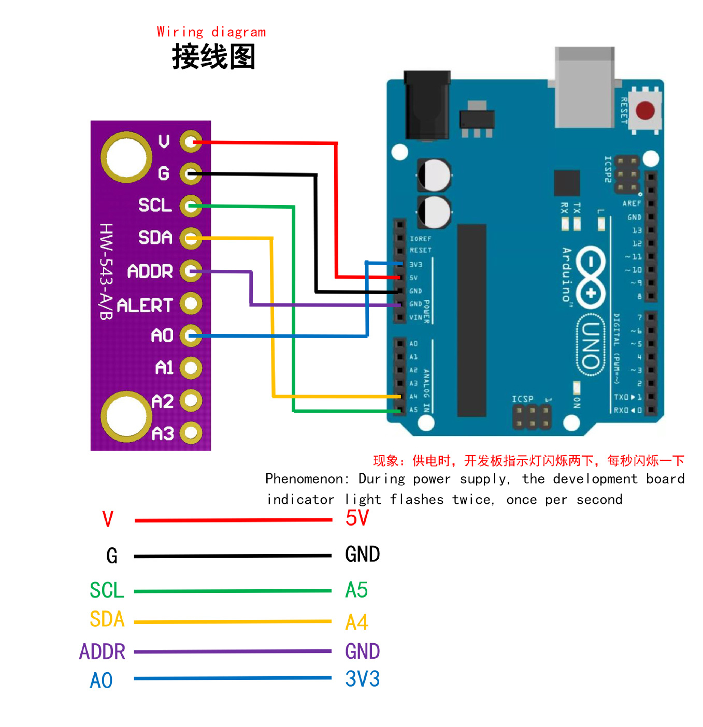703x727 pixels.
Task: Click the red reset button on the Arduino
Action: coord(644,110)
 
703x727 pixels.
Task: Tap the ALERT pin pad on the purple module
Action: coord(191,303)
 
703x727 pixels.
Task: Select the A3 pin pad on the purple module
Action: coord(191,432)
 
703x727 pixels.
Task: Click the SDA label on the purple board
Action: coord(155,237)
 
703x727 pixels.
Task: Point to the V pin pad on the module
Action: coord(191,141)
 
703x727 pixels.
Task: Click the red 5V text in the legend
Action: coord(357,518)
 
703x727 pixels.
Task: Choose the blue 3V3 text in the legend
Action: coord(362,678)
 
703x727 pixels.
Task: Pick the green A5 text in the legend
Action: coord(356,590)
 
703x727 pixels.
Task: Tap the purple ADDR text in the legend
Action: coord(102,651)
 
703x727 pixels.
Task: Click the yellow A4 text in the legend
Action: coord(356,622)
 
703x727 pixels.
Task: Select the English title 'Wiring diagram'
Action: coord(211,32)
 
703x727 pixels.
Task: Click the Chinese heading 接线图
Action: coord(213,56)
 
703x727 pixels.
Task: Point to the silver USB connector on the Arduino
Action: coord(584,86)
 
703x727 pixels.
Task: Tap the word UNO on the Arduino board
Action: coord(590,344)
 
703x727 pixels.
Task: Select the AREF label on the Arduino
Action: coord(631,203)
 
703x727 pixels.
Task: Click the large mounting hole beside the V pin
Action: coord(126,157)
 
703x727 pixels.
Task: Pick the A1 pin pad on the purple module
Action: coord(191,368)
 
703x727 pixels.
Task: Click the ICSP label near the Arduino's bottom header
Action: coord(522,399)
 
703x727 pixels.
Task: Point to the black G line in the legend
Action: coord(233,556)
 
